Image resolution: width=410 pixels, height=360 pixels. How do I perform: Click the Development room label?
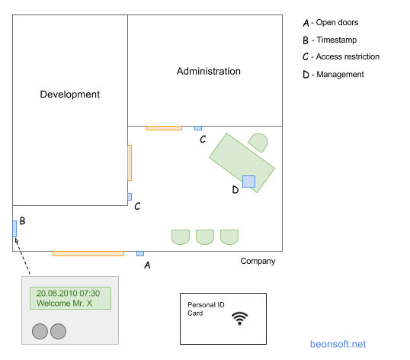70,95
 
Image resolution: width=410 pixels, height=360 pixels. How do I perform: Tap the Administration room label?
209,71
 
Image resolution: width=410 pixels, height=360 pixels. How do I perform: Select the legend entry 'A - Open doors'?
331,23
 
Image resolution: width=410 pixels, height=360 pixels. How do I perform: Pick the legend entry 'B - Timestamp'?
330,40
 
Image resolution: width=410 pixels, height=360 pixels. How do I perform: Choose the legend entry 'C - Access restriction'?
341,56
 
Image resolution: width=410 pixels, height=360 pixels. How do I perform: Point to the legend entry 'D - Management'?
333,75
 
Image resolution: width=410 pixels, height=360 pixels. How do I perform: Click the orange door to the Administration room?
164,128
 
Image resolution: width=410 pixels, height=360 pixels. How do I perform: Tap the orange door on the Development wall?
130,162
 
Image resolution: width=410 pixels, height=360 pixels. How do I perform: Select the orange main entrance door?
88,253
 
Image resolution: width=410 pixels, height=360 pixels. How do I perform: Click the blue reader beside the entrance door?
140,253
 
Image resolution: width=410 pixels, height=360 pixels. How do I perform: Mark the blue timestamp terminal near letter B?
14,229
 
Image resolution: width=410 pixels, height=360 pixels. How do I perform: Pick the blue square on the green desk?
248,182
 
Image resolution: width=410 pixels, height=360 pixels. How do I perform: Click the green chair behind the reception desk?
258,143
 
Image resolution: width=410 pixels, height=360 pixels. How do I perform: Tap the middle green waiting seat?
205,237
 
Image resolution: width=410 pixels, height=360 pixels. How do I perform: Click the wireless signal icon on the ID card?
240,318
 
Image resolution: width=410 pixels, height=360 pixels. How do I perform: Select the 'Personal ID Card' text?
206,309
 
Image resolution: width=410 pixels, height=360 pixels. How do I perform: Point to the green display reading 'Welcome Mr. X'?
70,298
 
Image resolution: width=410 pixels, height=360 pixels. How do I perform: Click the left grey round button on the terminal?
40,331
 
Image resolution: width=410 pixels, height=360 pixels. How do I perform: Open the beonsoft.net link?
338,344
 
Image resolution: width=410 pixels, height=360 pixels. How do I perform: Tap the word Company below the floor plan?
258,261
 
